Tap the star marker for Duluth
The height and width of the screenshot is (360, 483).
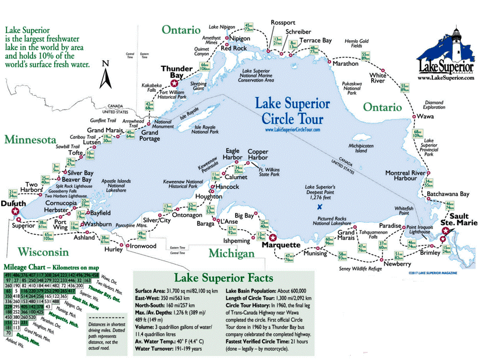(x=16, y=213)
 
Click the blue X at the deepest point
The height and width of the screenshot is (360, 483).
(x=319, y=206)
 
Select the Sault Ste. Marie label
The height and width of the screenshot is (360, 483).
(x=458, y=219)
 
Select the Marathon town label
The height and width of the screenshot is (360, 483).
(x=345, y=64)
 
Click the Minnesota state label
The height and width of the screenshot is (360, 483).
(x=31, y=140)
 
